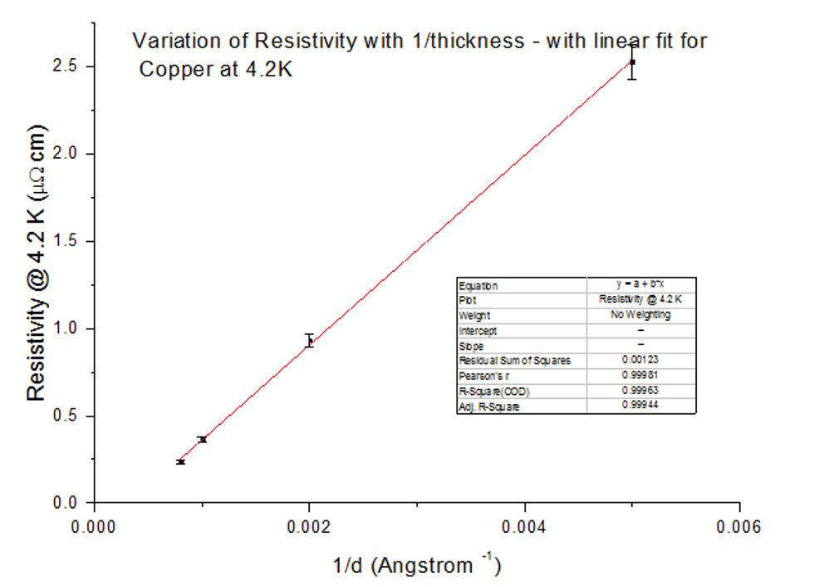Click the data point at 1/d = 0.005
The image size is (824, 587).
coord(632,62)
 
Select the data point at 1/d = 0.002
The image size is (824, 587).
coord(309,341)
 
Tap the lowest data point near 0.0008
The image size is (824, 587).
coord(180,461)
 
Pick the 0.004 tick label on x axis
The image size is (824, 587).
coord(524,526)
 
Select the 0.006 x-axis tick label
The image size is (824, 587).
coord(739,526)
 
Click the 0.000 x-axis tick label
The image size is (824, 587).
coord(94,526)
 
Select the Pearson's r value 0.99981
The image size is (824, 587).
coord(640,376)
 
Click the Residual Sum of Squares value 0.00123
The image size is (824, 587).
coord(640,361)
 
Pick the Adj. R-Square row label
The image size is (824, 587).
coord(489,407)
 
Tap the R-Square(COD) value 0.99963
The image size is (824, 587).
coord(640,391)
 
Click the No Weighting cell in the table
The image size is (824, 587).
coord(640,315)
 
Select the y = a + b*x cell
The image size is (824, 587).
coord(640,284)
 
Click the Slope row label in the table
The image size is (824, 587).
coord(471,346)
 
